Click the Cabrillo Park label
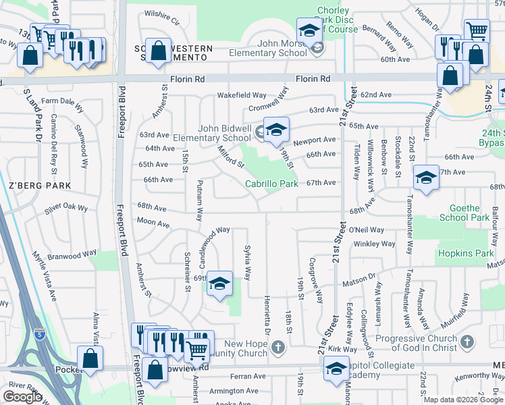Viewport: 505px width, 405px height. click(271, 183)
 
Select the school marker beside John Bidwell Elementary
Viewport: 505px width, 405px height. click(275, 130)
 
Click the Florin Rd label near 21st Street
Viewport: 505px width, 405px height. click(312, 79)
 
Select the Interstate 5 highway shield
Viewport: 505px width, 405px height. click(38, 333)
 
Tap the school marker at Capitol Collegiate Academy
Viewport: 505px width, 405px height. click(336, 369)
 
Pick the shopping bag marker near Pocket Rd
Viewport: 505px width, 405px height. click(90, 359)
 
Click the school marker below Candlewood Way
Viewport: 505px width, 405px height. click(219, 283)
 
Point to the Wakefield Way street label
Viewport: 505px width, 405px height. click(241, 95)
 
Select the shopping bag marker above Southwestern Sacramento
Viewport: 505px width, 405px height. click(158, 52)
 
